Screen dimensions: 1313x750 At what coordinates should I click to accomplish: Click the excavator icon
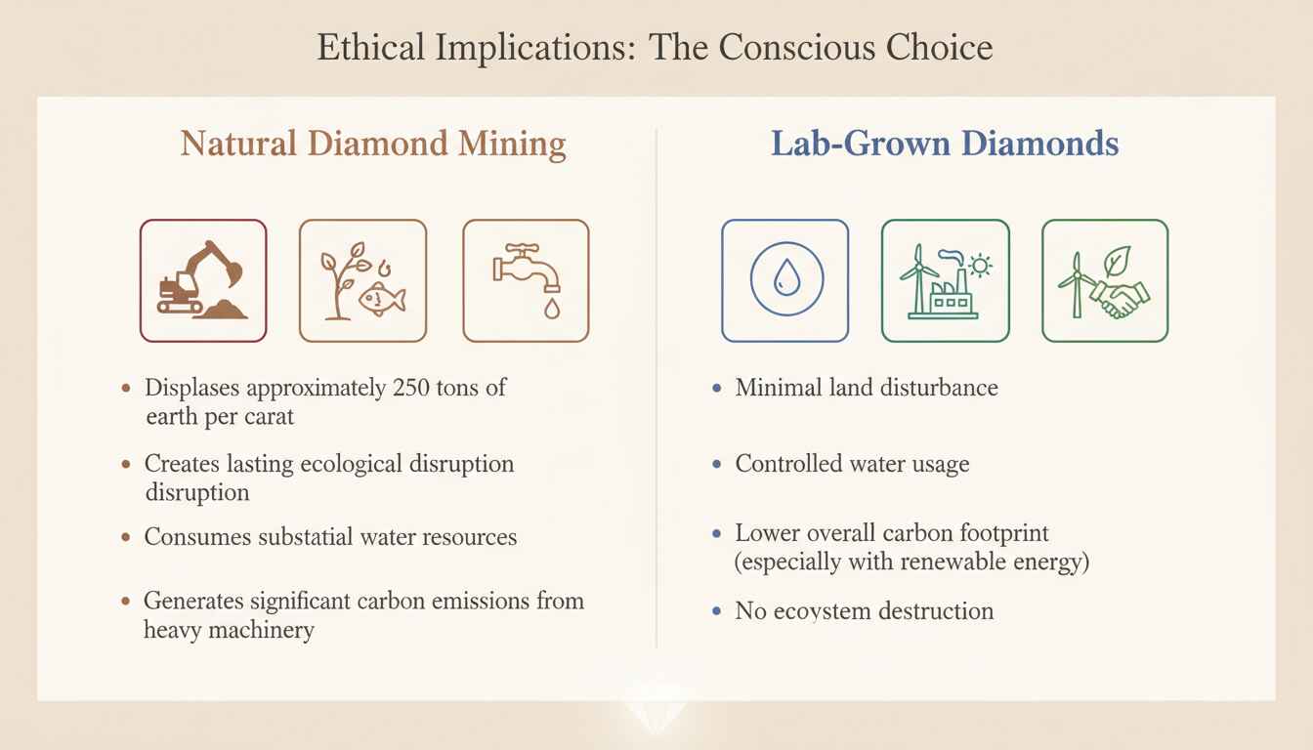[203, 280]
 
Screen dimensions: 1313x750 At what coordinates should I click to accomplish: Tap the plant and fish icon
[362, 280]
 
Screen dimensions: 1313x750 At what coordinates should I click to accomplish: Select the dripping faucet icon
[526, 280]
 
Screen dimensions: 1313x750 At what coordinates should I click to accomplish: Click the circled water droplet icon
[785, 280]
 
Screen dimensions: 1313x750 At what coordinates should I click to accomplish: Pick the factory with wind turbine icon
[946, 280]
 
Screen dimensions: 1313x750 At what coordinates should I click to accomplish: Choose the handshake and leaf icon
[1105, 280]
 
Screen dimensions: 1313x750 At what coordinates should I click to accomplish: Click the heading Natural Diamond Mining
[373, 145]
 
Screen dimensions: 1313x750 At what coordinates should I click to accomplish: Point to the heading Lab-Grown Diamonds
[945, 144]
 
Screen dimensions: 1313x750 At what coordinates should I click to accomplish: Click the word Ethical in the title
[370, 47]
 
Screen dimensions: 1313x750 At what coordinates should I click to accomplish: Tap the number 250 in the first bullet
[411, 388]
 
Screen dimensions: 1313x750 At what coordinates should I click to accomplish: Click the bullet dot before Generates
[125, 602]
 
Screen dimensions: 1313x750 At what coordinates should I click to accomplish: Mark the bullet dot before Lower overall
[716, 533]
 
